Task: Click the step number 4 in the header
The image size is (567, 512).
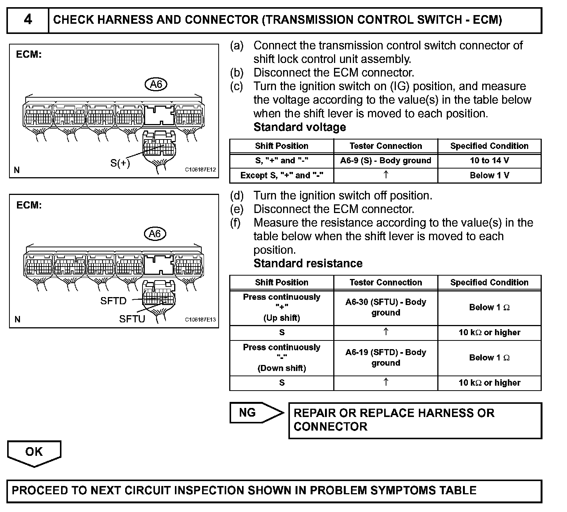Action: [x=28, y=20]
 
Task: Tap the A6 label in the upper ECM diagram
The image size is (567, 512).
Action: [x=156, y=84]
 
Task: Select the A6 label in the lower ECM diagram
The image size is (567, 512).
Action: [x=155, y=234]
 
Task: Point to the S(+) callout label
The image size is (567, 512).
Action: [x=120, y=163]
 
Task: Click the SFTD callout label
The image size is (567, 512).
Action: [x=113, y=301]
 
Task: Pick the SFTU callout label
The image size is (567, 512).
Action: [x=132, y=319]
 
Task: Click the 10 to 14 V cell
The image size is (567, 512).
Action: [x=489, y=161]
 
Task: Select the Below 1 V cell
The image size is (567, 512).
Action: [x=489, y=175]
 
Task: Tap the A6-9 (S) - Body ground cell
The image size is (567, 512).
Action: [x=386, y=161]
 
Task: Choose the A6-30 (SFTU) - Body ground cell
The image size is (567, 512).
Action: [x=386, y=307]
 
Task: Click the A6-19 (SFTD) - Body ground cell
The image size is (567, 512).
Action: [x=386, y=357]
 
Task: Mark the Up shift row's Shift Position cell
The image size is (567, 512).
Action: [x=282, y=307]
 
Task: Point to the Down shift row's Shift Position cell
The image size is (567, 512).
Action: [x=282, y=357]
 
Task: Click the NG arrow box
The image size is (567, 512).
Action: [x=253, y=412]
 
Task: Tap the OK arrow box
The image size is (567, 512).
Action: [x=34, y=452]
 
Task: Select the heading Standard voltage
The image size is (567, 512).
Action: [x=300, y=127]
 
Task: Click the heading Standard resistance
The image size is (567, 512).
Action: [x=308, y=263]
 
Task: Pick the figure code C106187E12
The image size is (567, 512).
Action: [x=200, y=170]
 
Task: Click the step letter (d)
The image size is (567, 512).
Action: [x=237, y=196]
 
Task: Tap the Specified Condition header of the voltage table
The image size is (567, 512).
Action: [x=489, y=146]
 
